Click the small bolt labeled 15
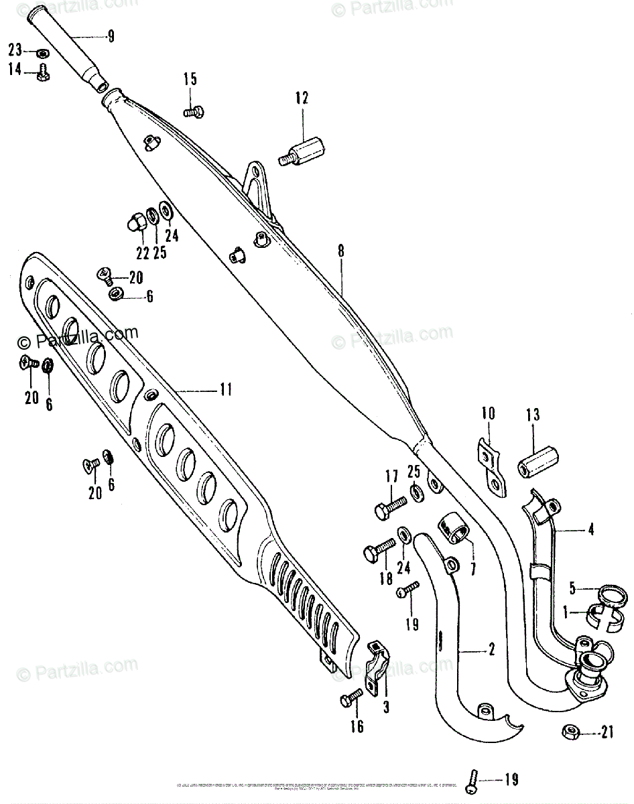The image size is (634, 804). [x=194, y=113]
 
